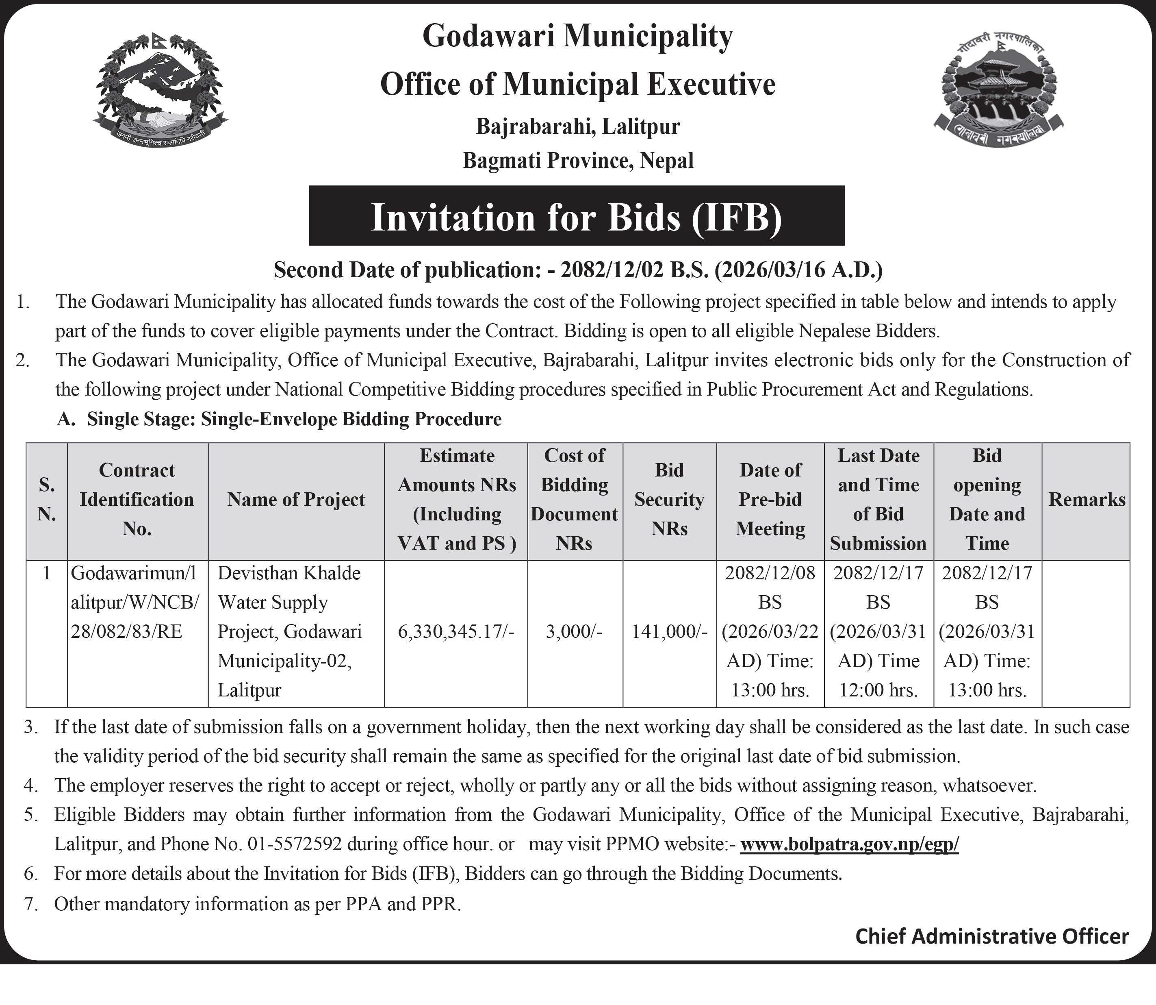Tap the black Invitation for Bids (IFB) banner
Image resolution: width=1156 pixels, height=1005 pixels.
(x=576, y=216)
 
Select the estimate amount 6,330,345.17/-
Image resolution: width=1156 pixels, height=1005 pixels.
(x=456, y=632)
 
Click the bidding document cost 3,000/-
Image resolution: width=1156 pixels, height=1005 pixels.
(x=574, y=632)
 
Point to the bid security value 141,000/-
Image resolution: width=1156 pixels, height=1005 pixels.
(x=669, y=632)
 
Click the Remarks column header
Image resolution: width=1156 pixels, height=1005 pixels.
(x=1087, y=500)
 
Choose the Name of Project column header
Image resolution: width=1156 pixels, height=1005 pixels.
(x=296, y=500)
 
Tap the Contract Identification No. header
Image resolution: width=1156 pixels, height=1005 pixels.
(x=137, y=500)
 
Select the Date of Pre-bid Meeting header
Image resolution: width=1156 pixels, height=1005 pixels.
(x=770, y=500)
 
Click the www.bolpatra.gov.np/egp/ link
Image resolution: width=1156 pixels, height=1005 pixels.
(x=849, y=844)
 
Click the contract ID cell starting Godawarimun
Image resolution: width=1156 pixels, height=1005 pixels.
(x=134, y=603)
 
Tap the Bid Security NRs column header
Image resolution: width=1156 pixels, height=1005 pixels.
(x=669, y=500)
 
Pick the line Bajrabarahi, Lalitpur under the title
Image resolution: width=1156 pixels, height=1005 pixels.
(x=578, y=127)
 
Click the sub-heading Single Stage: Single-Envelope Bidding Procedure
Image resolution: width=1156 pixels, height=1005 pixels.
(x=294, y=419)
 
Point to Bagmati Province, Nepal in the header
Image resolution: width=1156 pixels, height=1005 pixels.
(x=578, y=161)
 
